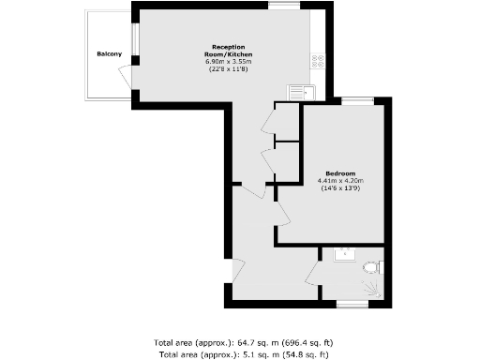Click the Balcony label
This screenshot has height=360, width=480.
click(110, 54)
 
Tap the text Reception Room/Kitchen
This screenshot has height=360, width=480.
click(229, 51)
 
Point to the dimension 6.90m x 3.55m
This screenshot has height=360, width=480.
click(229, 62)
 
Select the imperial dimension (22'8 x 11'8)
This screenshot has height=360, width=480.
click(229, 70)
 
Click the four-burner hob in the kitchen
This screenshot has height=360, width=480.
click(318, 63)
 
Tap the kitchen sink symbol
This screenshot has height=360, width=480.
click(303, 91)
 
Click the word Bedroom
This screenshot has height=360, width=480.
click(340, 173)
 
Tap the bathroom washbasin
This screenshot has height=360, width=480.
click(344, 253)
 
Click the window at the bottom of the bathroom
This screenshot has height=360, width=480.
click(352, 303)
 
